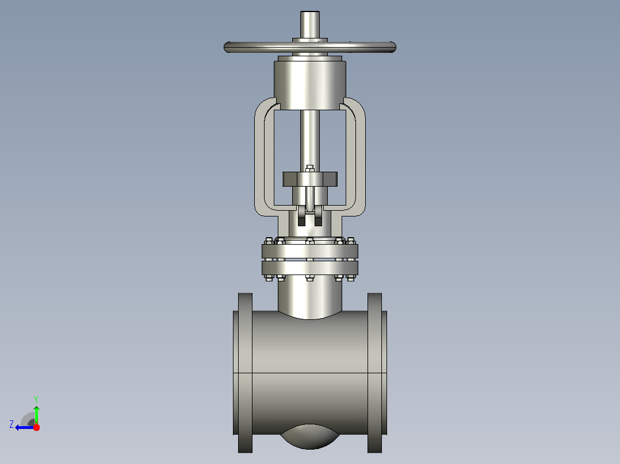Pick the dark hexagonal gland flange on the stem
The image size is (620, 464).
(x=310, y=179)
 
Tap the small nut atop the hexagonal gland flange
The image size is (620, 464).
(x=310, y=169)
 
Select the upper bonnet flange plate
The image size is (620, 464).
(x=310, y=251)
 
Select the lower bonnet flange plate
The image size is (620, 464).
(x=310, y=268)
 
